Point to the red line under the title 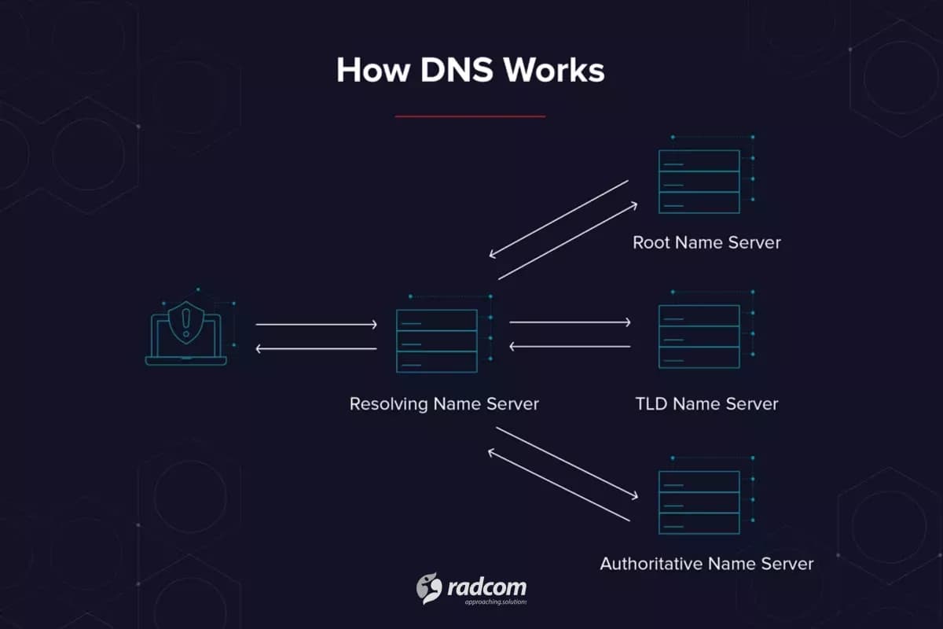[x=470, y=116]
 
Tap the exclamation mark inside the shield [x=186, y=321]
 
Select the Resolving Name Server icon [x=437, y=340]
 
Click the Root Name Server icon [x=699, y=181]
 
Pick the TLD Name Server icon [x=699, y=337]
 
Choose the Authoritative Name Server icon [x=699, y=502]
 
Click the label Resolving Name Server [x=444, y=404]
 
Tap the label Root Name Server [x=706, y=242]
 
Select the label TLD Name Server [x=706, y=404]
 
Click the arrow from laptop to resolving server [x=317, y=324]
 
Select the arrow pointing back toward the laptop [x=317, y=349]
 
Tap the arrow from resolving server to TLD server [x=571, y=322]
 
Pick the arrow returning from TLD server [x=571, y=346]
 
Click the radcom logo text [x=487, y=587]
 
